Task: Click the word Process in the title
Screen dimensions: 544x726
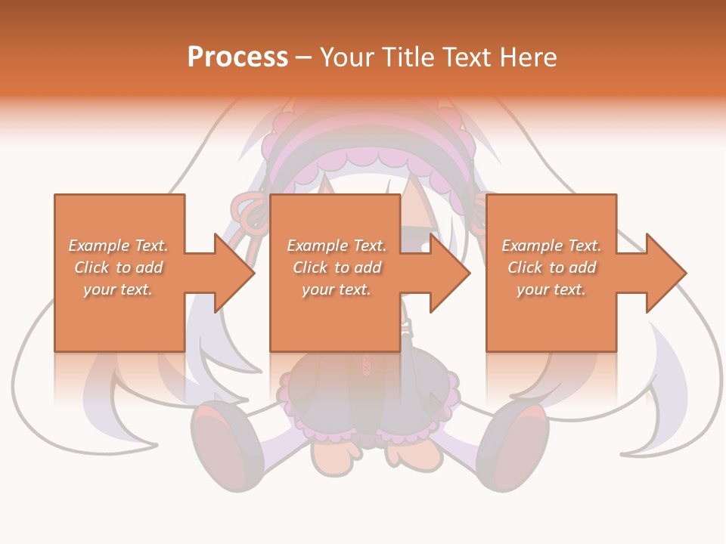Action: (237, 57)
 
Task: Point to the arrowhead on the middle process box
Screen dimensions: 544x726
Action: (451, 273)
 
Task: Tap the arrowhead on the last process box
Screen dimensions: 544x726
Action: (666, 273)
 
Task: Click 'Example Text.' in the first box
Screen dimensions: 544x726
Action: (118, 246)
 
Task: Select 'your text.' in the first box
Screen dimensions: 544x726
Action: (118, 289)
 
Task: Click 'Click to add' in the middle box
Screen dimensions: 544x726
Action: (337, 267)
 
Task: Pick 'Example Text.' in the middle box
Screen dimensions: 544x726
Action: (337, 246)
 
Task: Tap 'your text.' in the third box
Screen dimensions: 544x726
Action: (551, 289)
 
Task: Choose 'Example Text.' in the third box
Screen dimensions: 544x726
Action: (551, 246)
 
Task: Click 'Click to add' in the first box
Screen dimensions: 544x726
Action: (118, 267)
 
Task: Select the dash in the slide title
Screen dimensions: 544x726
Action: (304, 57)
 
